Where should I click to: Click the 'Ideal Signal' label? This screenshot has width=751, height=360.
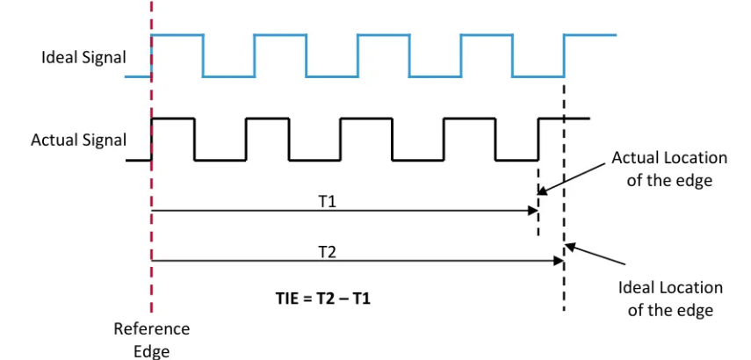tap(84, 58)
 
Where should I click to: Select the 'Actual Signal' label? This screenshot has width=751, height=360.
tap(79, 140)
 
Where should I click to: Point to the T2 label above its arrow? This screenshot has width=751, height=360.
tap(327, 251)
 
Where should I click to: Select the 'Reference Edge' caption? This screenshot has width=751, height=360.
tap(151, 338)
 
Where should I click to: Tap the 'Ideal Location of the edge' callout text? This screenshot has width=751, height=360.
tap(670, 299)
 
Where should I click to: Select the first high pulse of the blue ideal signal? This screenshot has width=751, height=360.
tap(177, 35)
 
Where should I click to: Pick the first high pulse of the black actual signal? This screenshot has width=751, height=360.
tap(173, 119)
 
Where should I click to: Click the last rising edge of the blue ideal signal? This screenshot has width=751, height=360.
tap(564, 55)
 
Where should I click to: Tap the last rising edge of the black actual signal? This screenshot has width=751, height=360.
tap(538, 139)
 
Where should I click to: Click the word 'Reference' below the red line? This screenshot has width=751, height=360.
tap(151, 329)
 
